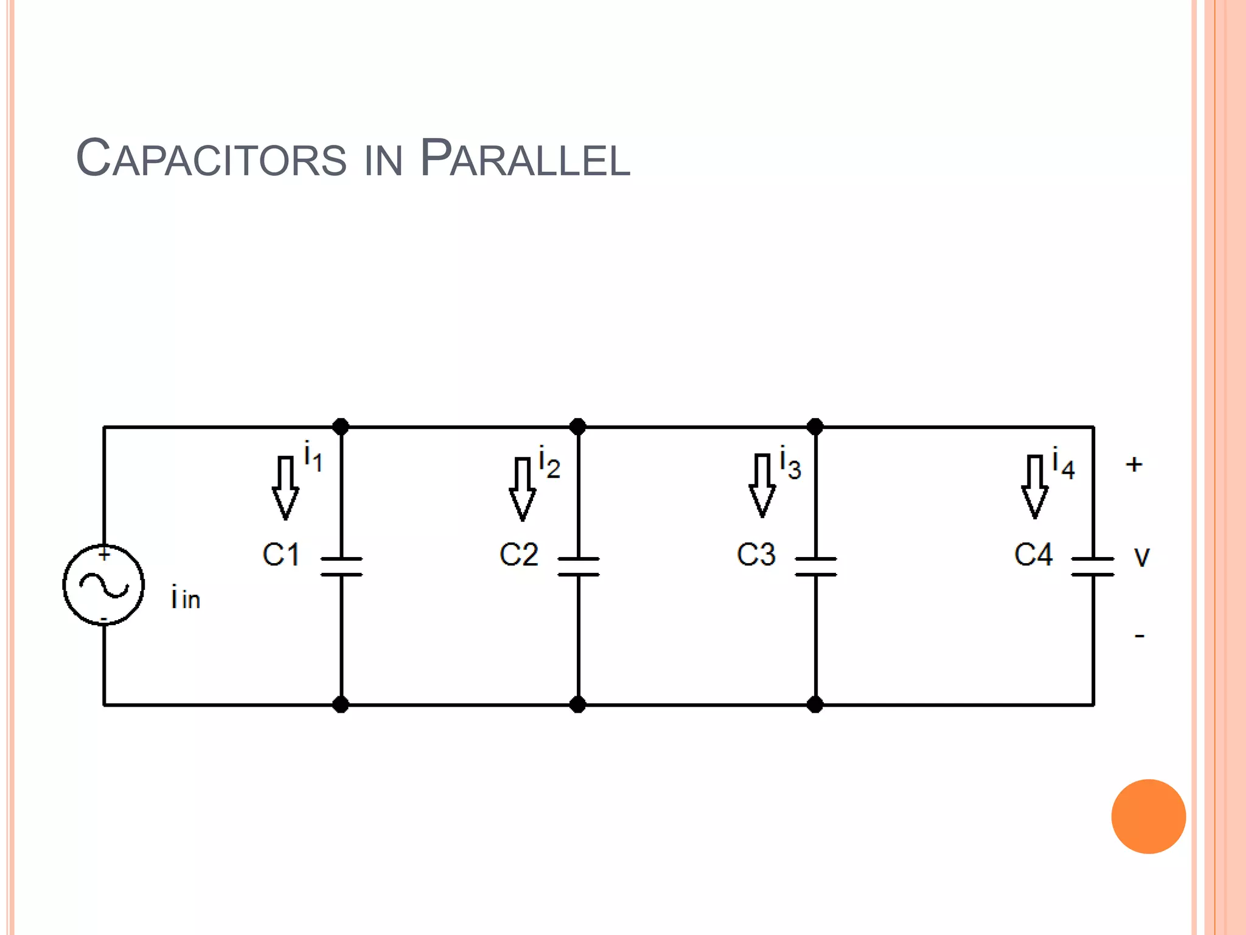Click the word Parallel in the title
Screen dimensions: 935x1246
coord(524,158)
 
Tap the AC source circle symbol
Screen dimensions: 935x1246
coord(104,585)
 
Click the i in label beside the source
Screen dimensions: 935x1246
coord(186,598)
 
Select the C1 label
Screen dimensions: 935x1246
coord(280,555)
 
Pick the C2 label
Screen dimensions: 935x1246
coord(518,555)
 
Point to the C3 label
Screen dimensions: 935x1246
coord(756,555)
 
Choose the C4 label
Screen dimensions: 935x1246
coord(1032,555)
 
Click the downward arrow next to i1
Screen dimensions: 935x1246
coord(285,487)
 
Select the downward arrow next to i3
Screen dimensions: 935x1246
coord(762,486)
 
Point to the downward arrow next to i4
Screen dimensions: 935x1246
coord(1034,486)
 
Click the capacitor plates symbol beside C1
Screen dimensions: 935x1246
coord(341,567)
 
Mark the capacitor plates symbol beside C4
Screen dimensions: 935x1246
coord(1093,567)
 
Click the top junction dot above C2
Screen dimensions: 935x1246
coord(578,427)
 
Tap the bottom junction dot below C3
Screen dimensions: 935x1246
coord(815,705)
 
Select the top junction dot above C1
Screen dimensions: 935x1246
coord(341,427)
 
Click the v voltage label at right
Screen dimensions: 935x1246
coord(1142,557)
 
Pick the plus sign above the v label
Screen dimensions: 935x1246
coord(1134,464)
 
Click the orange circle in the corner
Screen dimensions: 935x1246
coord(1148,816)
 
